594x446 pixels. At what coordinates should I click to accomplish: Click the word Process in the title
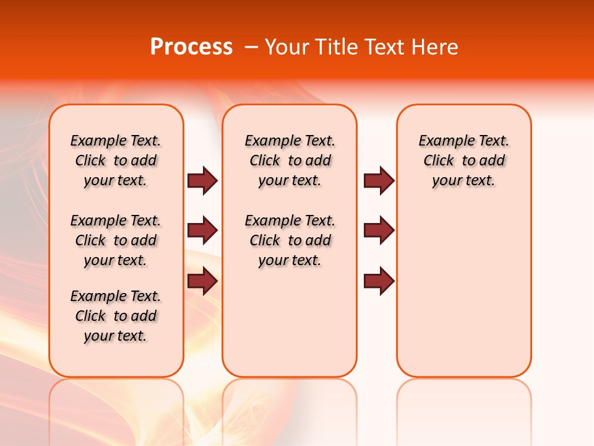[191, 47]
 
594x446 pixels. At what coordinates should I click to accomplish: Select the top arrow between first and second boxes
[202, 180]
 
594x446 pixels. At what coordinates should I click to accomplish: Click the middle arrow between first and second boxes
[202, 230]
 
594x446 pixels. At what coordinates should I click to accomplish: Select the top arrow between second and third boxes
[379, 180]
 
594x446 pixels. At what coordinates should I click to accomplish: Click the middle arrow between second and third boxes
[379, 230]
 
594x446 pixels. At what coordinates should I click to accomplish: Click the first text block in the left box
[116, 160]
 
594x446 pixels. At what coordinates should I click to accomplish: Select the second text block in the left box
[116, 240]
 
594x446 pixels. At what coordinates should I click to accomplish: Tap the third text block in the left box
[116, 316]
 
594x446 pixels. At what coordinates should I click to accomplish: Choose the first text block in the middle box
[290, 160]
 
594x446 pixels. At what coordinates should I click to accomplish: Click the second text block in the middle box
[290, 240]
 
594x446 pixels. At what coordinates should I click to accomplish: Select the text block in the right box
[463, 160]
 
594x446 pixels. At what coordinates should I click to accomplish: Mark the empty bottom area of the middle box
[290, 328]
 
